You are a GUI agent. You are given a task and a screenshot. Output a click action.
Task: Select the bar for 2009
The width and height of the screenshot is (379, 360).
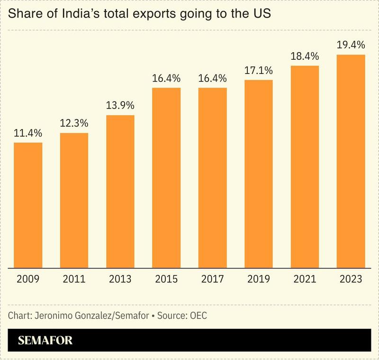[28, 204]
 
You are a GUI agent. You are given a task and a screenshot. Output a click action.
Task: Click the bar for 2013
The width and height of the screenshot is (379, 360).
[120, 191]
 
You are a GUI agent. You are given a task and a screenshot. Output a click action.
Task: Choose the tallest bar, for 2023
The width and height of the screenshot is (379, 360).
[351, 161]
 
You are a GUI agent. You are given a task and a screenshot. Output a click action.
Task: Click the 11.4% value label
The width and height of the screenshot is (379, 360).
[28, 133]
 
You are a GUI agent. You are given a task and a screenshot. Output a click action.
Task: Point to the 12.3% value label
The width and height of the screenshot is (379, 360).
[74, 123]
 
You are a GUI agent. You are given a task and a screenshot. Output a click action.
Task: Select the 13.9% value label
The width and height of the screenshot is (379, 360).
[120, 105]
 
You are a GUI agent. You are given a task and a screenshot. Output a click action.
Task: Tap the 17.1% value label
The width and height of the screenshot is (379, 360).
[259, 71]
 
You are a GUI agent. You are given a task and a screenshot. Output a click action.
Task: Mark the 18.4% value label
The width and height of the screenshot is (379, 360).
[305, 56]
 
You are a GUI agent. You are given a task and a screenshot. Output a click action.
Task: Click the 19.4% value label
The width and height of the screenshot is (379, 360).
[351, 45]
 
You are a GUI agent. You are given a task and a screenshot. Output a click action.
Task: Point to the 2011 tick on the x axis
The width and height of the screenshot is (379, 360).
[74, 279]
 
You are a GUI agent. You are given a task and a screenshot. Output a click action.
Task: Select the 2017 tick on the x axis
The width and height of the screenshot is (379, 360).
[213, 279]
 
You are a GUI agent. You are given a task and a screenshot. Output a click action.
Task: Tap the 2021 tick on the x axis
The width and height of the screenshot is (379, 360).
[305, 279]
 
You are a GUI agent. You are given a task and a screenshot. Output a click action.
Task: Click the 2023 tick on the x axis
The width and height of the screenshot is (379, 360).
[351, 279]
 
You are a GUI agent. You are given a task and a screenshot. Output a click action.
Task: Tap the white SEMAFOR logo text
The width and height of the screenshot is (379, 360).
[45, 341]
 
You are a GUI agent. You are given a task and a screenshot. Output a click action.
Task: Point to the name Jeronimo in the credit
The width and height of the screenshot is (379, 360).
[53, 315]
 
